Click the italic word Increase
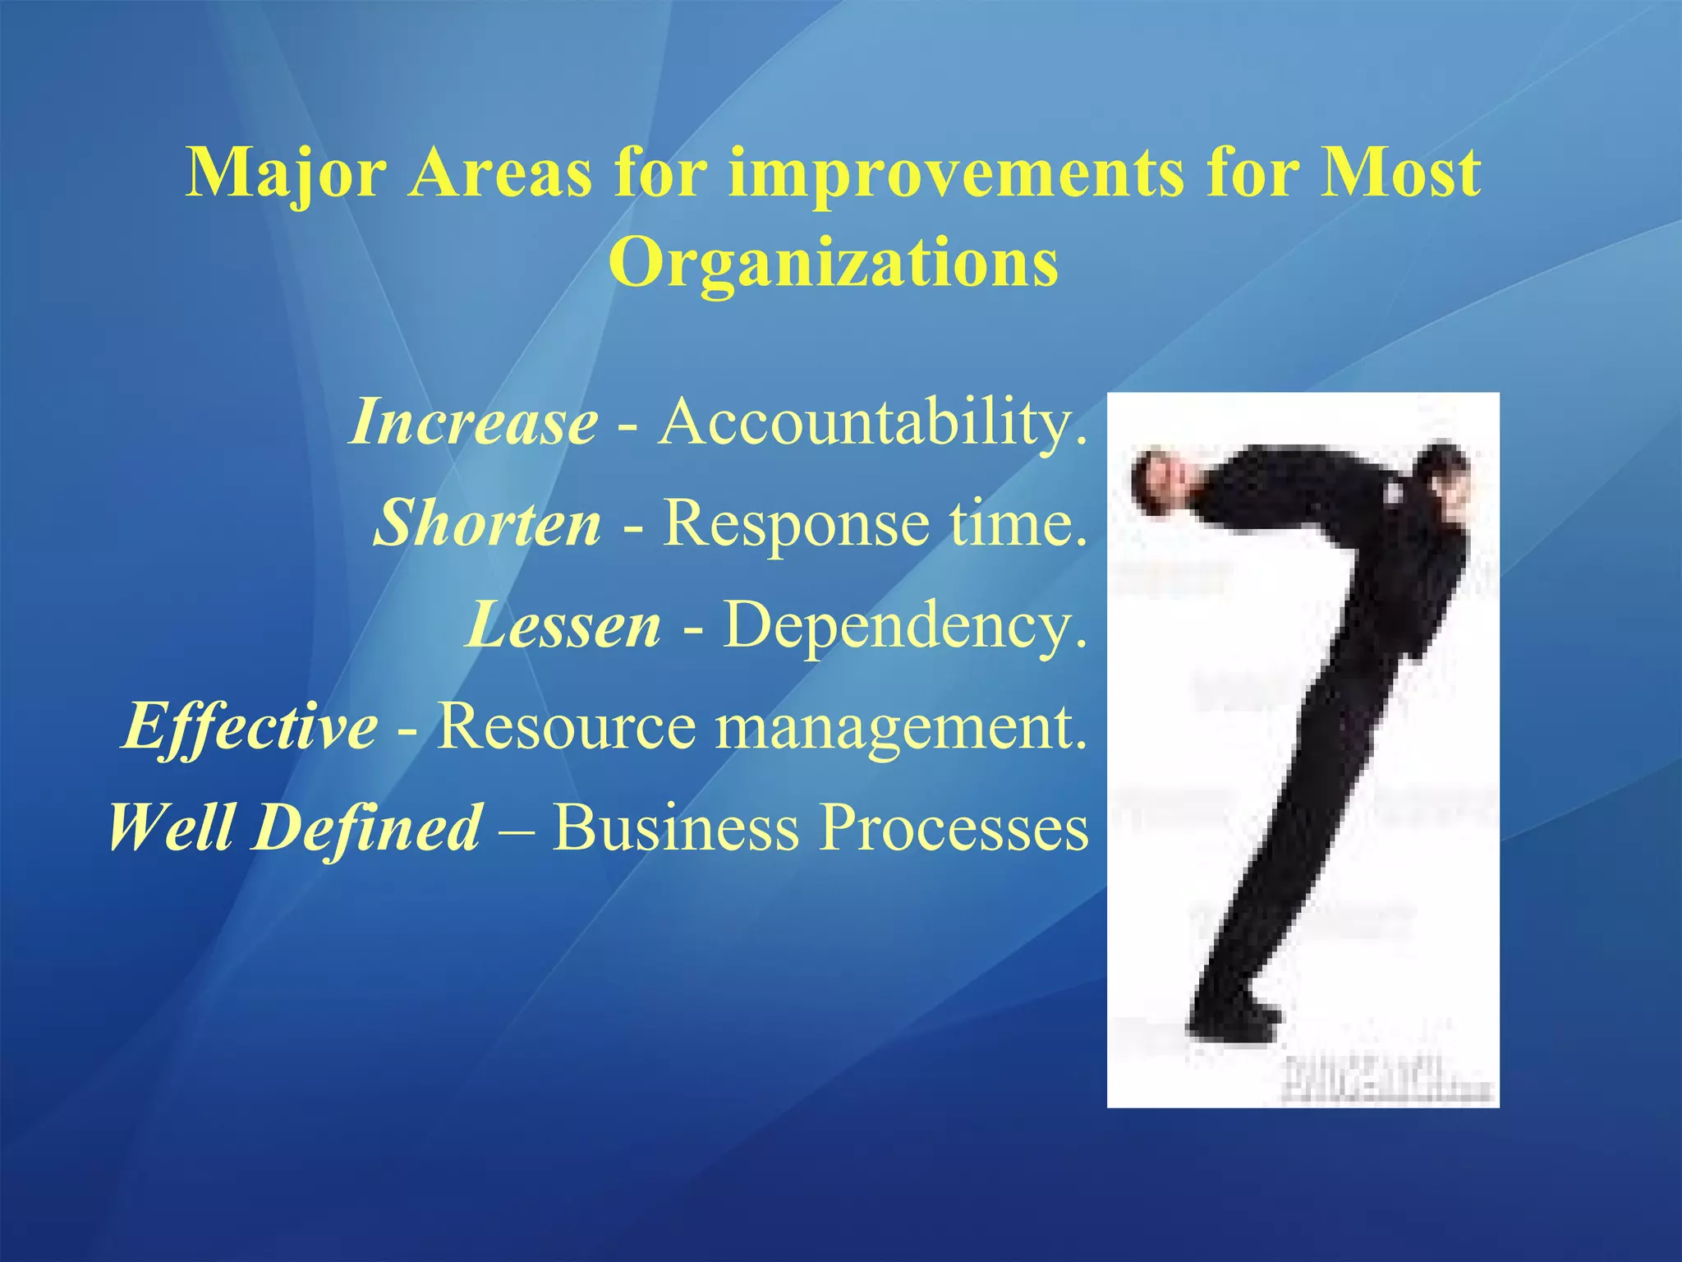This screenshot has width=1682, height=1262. click(474, 422)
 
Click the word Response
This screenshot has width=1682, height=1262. click(797, 523)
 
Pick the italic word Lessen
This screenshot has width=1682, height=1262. click(563, 624)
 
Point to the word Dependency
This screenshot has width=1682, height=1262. click(904, 624)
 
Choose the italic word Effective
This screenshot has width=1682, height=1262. click(251, 726)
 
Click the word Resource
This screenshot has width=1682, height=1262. click(566, 726)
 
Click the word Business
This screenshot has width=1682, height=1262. click(675, 827)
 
